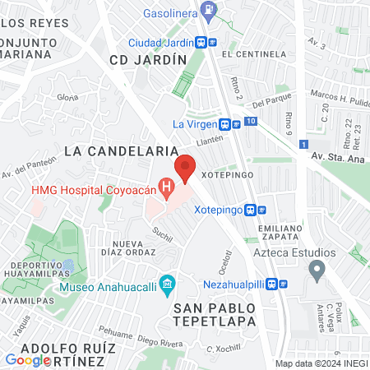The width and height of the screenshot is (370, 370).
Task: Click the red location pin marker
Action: (x=185, y=168)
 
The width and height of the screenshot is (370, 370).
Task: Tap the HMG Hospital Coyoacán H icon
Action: (x=168, y=190)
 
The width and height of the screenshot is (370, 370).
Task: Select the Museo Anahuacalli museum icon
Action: (x=168, y=288)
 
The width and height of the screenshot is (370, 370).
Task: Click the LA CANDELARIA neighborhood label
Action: (x=121, y=151)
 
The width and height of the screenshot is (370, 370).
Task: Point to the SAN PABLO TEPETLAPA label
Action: (x=214, y=313)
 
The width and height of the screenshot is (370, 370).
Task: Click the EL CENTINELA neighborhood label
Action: (x=257, y=53)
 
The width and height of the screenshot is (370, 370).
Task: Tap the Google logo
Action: (x=28, y=359)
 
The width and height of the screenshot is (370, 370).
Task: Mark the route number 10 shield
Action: (x=251, y=122)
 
